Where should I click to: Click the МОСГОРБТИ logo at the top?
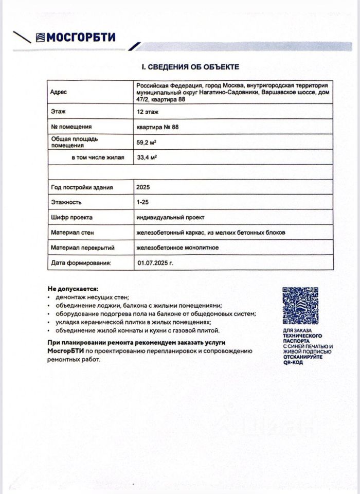pyautogui.click(x=75, y=38)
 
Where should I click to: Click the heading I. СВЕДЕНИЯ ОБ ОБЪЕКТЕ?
pyautogui.click(x=190, y=67)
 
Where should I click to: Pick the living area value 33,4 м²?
pyautogui.click(x=147, y=157)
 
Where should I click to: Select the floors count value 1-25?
pyautogui.click(x=143, y=203)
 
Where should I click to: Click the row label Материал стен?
pyautogui.click(x=73, y=233)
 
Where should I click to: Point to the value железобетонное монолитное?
pyautogui.click(x=177, y=248)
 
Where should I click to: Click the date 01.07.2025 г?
pyautogui.click(x=155, y=263)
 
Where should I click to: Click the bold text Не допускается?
pyautogui.click(x=73, y=289)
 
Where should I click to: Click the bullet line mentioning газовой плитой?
pyautogui.click(x=137, y=330)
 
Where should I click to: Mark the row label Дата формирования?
pyautogui.click(x=81, y=263)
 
